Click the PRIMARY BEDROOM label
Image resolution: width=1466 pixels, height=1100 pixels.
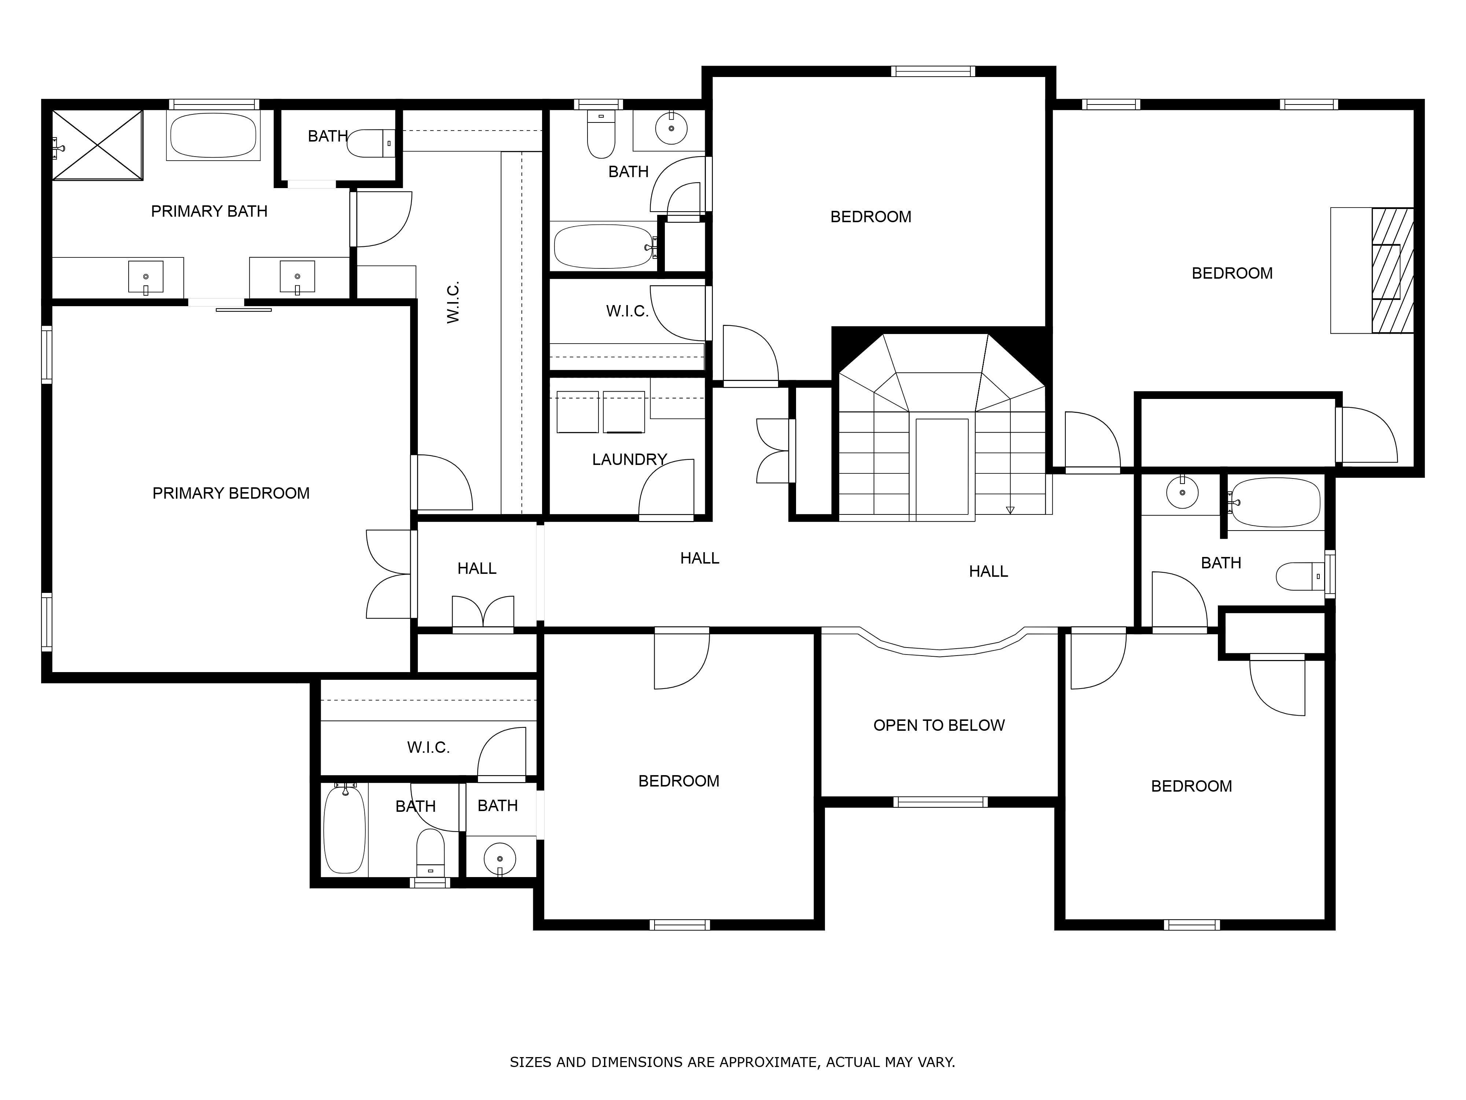coord(231,493)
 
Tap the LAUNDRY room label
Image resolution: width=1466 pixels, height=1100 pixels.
coord(629,459)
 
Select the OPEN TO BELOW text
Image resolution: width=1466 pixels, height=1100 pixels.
coord(939,725)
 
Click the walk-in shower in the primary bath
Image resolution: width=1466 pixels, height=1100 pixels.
coord(97,144)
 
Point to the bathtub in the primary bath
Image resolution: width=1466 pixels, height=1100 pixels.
coord(213,135)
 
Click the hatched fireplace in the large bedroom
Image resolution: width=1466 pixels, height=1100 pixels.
coord(1392,271)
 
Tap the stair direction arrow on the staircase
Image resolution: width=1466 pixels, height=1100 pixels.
coord(1010,510)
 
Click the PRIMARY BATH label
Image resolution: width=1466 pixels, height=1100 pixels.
coord(209,212)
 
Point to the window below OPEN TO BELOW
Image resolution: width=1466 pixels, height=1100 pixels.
coord(940,802)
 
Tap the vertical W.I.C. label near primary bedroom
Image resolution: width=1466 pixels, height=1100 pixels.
coord(453,303)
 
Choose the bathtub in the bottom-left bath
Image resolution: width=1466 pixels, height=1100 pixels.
coord(344,829)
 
